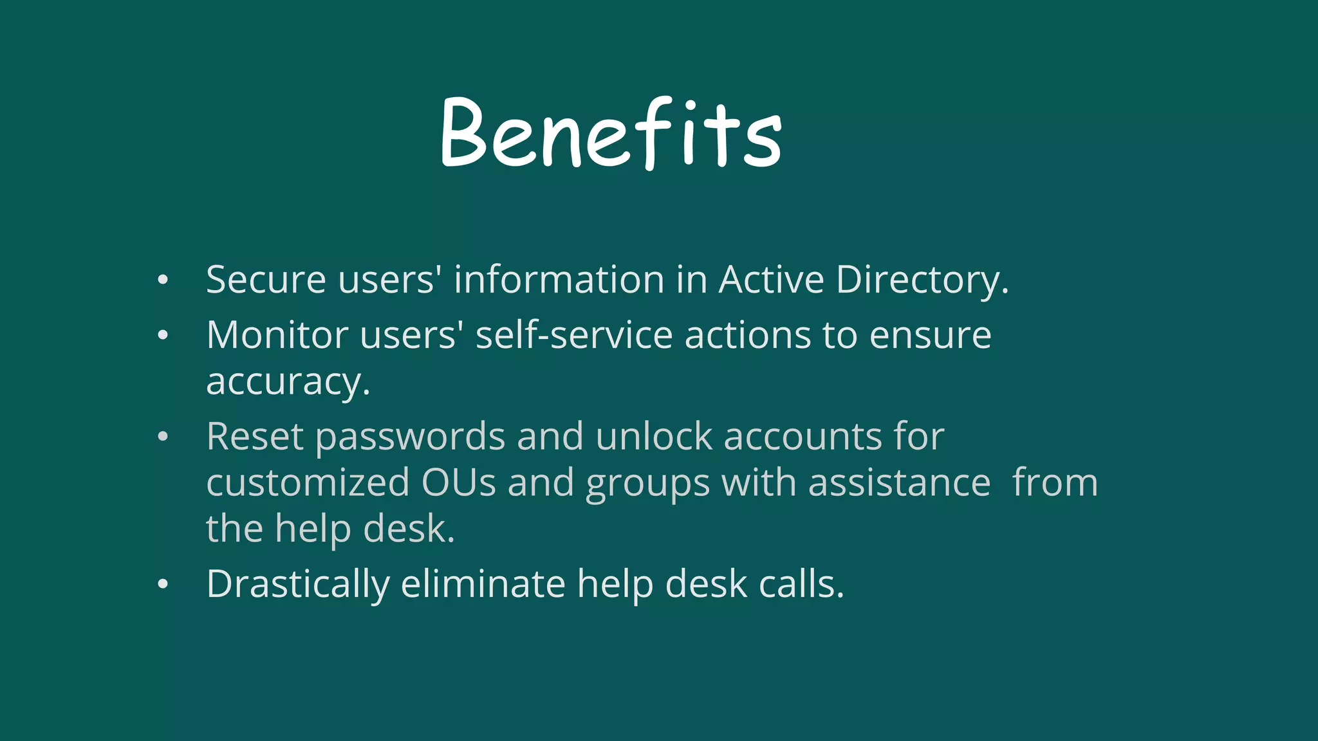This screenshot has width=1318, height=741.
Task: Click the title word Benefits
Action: point(611,134)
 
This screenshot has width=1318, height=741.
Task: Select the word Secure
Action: point(266,280)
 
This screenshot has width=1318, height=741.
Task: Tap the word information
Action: point(559,280)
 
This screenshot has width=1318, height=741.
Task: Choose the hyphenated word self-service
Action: point(574,335)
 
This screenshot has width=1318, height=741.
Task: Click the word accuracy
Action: point(288,383)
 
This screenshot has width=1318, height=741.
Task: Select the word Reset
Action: point(255,437)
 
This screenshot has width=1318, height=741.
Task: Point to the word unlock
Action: point(653,437)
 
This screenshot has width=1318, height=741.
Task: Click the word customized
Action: point(308,483)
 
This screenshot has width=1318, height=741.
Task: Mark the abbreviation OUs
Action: point(458,483)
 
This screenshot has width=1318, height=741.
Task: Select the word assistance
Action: point(899,483)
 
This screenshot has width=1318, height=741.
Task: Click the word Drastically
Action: point(298,585)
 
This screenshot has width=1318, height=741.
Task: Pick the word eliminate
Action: point(483,583)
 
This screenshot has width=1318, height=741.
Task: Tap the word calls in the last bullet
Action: point(801,583)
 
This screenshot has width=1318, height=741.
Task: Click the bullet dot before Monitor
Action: point(163,335)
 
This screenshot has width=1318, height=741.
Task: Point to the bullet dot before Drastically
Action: point(163,584)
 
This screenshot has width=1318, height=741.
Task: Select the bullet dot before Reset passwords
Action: point(163,437)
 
